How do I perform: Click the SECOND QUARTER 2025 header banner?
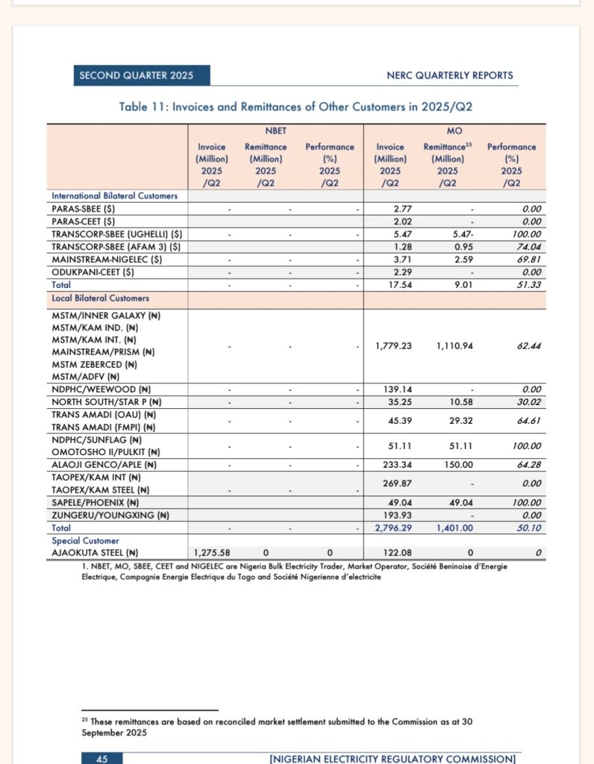141,75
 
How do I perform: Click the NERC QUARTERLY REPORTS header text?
450,75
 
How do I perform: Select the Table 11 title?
296,107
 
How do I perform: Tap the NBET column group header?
275,131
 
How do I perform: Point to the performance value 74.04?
527,246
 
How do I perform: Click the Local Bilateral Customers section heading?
100,298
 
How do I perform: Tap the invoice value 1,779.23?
391,345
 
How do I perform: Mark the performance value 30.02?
527,402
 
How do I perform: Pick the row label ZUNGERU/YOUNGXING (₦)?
110,515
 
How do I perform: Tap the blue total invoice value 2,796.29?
391,527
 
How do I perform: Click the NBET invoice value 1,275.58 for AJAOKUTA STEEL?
212,553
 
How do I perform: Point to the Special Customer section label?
85,540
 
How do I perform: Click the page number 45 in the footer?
102,759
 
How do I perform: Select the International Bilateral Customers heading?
114,195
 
